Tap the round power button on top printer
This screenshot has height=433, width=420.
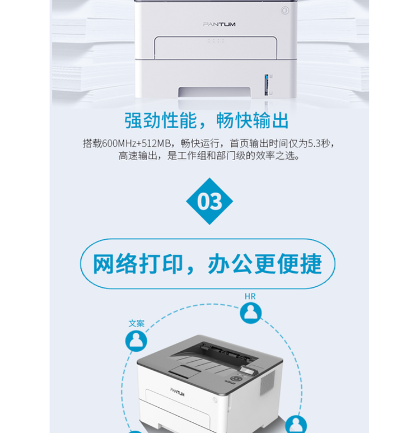[x=284, y=10]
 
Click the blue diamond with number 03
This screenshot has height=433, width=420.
[x=209, y=202]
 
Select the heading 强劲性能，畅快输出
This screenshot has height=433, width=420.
[x=207, y=120]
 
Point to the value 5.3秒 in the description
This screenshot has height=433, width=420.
[x=320, y=143]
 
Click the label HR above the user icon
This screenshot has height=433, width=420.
[x=250, y=296]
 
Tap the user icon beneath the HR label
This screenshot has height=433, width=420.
[x=251, y=312]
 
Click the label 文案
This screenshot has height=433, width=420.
[x=136, y=323]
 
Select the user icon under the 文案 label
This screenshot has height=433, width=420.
[x=136, y=340]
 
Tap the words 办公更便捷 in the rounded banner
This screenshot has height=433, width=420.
[x=265, y=264]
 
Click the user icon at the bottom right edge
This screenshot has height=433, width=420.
[x=296, y=424]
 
